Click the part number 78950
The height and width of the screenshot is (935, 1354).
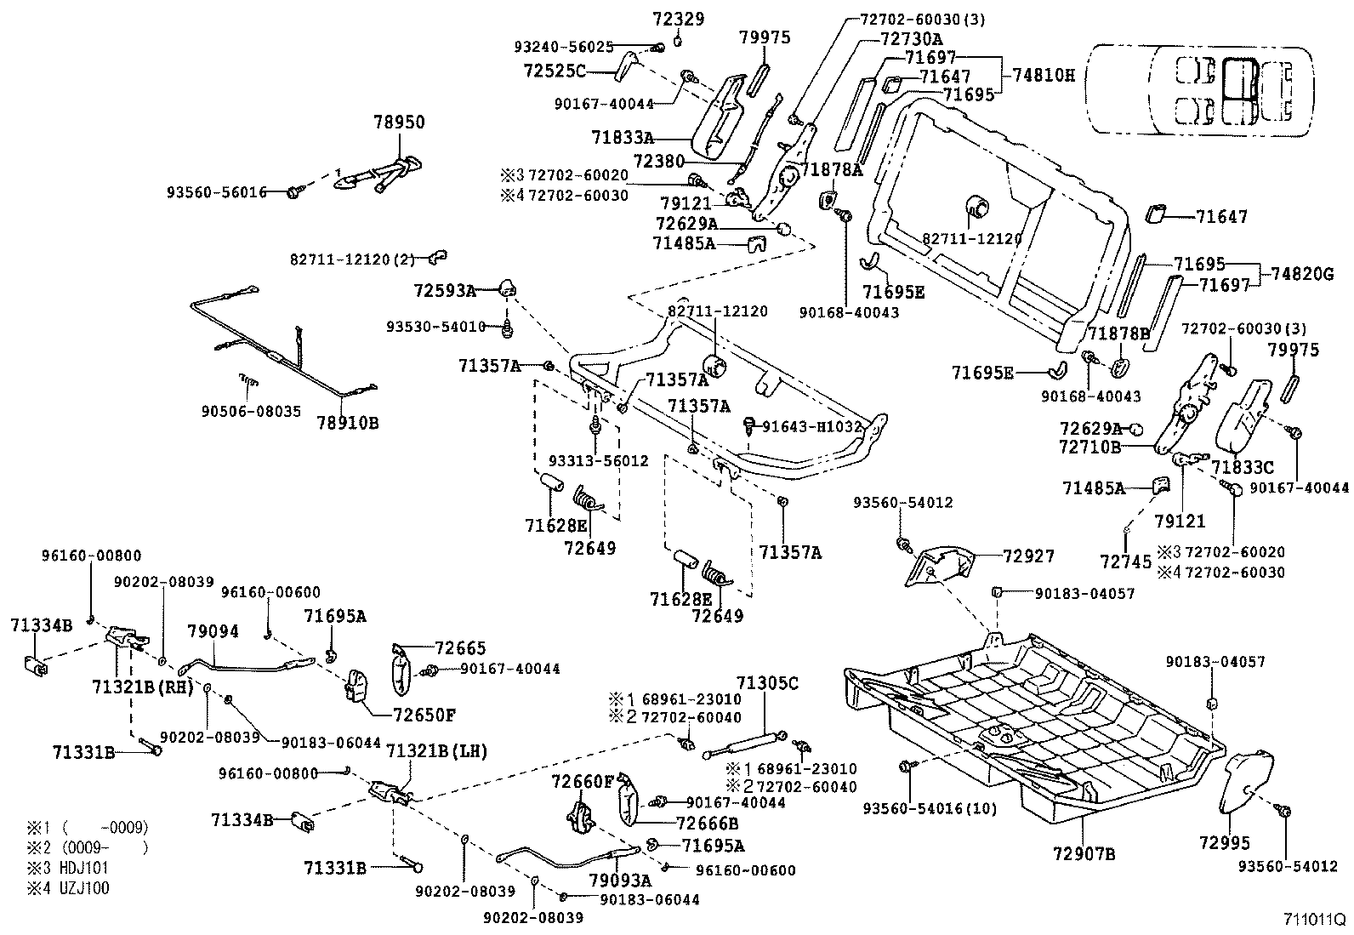399,123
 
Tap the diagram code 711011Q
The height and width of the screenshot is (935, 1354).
1314,921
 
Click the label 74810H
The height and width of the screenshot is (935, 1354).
1044,75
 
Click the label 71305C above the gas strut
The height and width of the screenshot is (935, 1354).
767,682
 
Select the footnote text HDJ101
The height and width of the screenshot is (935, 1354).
82,869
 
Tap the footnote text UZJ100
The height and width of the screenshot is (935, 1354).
81,888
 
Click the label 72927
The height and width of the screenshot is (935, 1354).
1028,556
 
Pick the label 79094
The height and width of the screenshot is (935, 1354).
213,631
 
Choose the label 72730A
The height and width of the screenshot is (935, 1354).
911,39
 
